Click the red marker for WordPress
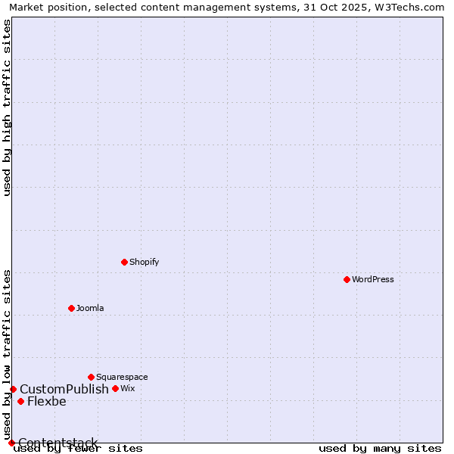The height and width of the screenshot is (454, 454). (347, 279)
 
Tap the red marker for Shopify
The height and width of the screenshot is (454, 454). (124, 262)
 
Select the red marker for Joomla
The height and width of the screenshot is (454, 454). (71, 308)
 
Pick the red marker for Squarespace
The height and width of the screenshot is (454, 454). (91, 377)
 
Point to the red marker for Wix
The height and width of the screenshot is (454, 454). (115, 388)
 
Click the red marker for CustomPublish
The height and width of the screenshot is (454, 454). (13, 389)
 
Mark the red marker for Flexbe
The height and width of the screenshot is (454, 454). (20, 401)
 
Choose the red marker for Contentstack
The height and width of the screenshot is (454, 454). (11, 443)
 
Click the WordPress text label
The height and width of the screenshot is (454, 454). (373, 279)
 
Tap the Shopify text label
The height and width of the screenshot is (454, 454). (144, 262)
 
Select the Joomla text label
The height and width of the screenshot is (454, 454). (90, 308)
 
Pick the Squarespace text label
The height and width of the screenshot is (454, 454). (122, 377)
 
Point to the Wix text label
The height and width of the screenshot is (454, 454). (128, 388)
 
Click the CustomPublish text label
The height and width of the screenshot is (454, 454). (64, 389)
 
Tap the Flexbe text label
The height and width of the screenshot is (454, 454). (47, 401)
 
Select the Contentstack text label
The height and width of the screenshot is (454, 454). (58, 443)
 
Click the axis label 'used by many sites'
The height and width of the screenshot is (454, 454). (380, 448)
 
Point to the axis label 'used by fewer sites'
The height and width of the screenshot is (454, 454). (79, 448)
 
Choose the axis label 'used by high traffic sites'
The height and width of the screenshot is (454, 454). (7, 107)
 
